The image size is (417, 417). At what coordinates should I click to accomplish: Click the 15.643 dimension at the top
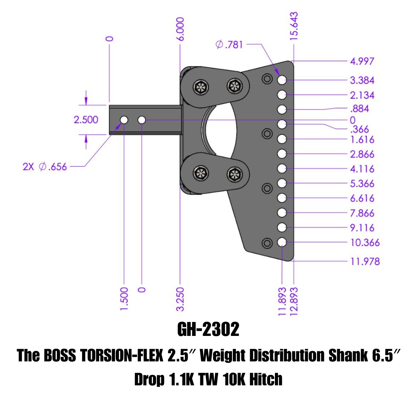[x=294, y=26]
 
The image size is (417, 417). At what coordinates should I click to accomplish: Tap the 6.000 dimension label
[x=180, y=29]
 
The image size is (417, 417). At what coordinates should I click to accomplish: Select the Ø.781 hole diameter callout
[x=229, y=44]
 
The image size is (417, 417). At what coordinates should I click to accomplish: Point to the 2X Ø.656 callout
[x=45, y=167]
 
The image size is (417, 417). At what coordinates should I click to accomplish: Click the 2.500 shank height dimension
[x=86, y=120]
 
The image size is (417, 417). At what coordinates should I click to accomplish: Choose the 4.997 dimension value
[x=362, y=61]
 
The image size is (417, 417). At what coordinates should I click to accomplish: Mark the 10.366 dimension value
[x=365, y=242]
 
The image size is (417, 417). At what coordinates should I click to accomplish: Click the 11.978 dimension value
[x=365, y=261]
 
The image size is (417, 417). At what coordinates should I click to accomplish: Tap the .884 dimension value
[x=360, y=108]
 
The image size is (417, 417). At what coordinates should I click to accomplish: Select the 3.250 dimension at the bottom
[x=180, y=299]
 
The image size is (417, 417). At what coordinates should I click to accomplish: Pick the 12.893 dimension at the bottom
[x=294, y=301]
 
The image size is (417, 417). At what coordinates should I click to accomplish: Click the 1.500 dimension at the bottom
[x=124, y=298]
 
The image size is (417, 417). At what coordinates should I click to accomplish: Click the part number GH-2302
[x=208, y=329]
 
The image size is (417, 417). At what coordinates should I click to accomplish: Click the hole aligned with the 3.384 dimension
[x=282, y=80]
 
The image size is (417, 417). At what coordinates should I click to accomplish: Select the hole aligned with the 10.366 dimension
[x=282, y=242]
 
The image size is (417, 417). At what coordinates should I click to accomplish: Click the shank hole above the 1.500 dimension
[x=124, y=120]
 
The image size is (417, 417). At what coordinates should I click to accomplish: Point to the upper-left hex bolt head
[x=201, y=87]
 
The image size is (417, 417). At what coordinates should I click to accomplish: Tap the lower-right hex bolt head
[x=235, y=174]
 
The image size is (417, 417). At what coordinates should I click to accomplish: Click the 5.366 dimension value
[x=362, y=183]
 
